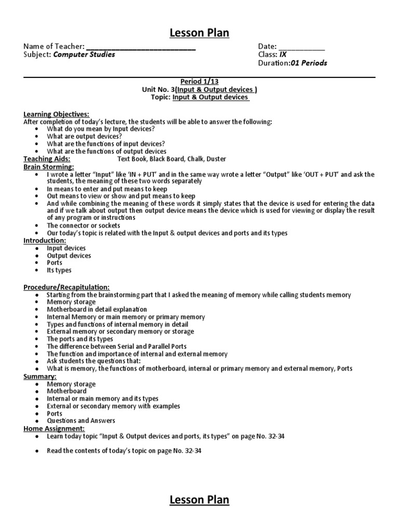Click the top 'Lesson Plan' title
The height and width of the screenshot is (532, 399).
point(199,34)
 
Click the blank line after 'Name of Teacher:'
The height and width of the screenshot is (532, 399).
point(141,48)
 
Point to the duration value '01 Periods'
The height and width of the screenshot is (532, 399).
point(309,63)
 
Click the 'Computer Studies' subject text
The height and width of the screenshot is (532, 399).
point(84,55)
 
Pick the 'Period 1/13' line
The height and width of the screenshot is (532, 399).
point(199,82)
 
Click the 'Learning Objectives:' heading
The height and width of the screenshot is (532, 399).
point(56,114)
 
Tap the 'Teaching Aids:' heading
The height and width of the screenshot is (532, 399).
point(47,159)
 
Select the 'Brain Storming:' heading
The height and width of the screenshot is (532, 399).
point(49,167)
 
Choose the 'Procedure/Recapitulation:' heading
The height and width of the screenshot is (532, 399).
point(66,287)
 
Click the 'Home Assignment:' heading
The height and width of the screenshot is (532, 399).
point(54,429)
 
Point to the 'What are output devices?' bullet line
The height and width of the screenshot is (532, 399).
point(84,137)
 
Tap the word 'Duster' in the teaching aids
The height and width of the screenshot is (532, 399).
point(216,159)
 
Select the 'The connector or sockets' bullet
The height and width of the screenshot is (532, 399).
point(83,226)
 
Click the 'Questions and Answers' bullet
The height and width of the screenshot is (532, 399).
point(81,421)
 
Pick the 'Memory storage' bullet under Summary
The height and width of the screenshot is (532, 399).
point(71,384)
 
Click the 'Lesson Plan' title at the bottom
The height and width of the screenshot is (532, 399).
point(199,500)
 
